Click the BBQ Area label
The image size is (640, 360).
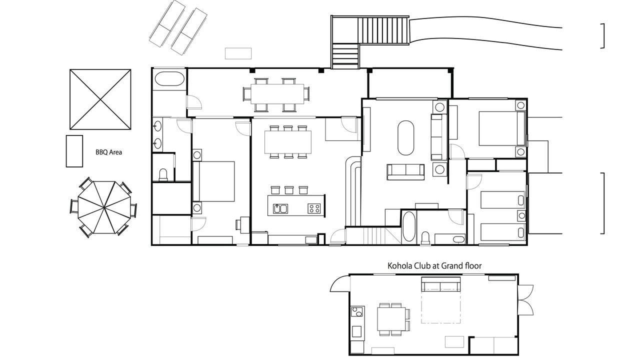pos(108,152)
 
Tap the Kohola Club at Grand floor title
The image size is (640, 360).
pos(434,266)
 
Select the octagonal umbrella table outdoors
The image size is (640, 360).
pos(103,207)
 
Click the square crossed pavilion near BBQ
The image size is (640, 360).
pos(100,99)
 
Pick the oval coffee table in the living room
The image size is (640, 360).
pos(405,138)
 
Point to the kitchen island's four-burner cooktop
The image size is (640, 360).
pos(314,208)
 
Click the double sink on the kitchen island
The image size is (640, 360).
pos(280,208)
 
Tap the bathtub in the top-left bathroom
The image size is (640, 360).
pos(169,78)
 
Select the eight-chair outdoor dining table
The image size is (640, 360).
pos(277,94)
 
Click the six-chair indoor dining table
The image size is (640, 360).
pos(288,142)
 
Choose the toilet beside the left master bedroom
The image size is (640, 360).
pos(163,174)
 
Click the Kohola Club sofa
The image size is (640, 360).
pos(441,284)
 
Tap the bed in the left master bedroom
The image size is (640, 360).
pos(213,181)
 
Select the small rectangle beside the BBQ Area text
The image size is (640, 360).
pos(74,151)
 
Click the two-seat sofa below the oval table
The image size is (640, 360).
pos(405,171)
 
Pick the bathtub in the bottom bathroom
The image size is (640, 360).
pos(408,227)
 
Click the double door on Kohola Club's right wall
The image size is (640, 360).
pos(525,300)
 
